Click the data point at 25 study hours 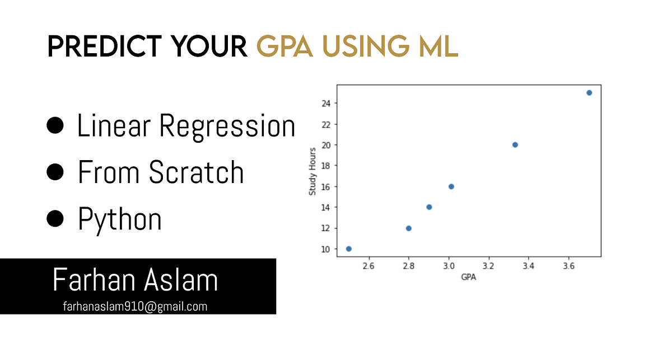[x=589, y=93]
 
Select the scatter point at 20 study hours [x=515, y=145]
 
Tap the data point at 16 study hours [x=451, y=186]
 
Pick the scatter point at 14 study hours [x=429, y=207]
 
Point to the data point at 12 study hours [x=409, y=228]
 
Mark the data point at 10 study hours [x=349, y=249]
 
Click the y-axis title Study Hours [x=313, y=171]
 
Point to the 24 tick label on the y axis [x=326, y=103]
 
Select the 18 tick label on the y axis [x=326, y=166]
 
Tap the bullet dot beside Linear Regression [x=55, y=126]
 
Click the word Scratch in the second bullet [x=197, y=172]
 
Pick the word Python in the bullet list [x=120, y=219]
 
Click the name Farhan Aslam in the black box [x=135, y=280]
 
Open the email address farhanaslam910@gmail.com [x=135, y=306]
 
